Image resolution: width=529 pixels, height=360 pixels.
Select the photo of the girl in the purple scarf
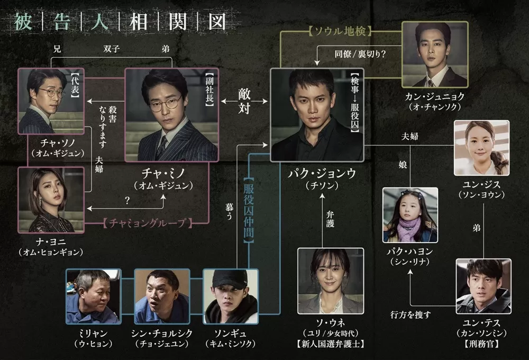point(410,214)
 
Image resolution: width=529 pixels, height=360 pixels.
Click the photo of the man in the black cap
point(230,296)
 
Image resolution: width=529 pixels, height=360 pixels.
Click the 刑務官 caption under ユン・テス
point(483,344)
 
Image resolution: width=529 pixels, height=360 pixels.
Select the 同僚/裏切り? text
point(357,53)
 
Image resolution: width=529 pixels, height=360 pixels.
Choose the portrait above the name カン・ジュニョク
point(435,55)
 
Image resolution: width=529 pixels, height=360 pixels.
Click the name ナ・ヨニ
point(51,241)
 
